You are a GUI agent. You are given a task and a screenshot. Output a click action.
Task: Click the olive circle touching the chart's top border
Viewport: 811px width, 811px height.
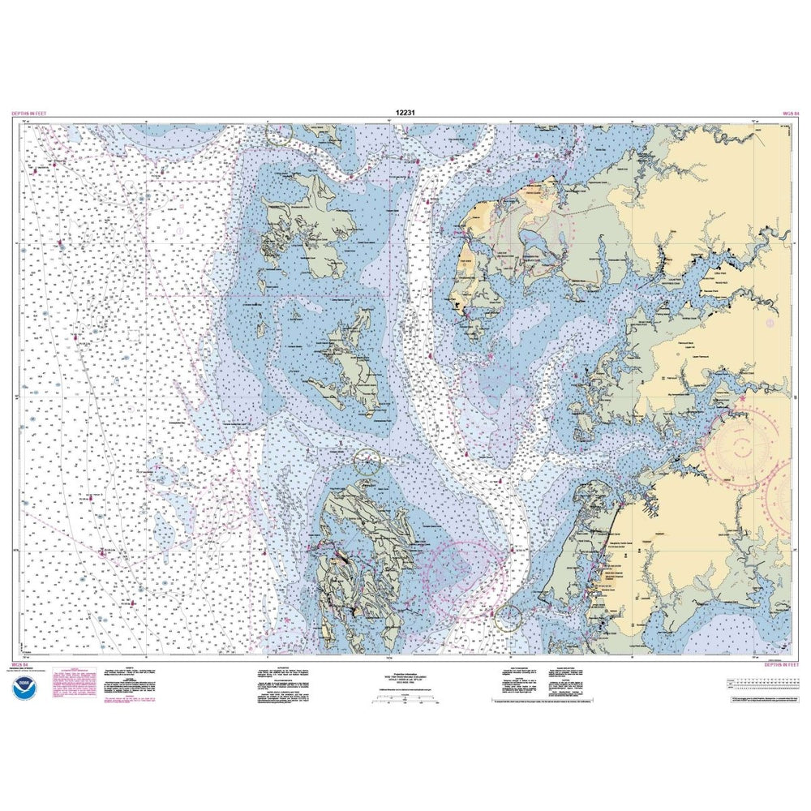[x=279, y=133]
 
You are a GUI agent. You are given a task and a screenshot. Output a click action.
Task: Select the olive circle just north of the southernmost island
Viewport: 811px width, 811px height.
[x=367, y=462]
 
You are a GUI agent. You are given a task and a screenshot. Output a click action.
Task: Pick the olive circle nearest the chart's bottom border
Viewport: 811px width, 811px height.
[x=508, y=617]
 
